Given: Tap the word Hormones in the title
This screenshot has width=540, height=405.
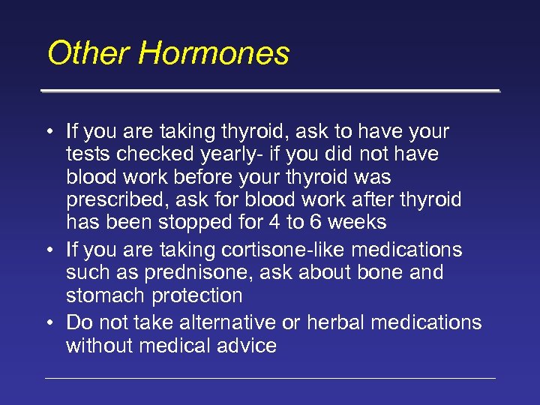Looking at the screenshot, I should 214,54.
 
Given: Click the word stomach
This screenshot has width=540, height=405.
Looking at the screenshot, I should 105,295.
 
